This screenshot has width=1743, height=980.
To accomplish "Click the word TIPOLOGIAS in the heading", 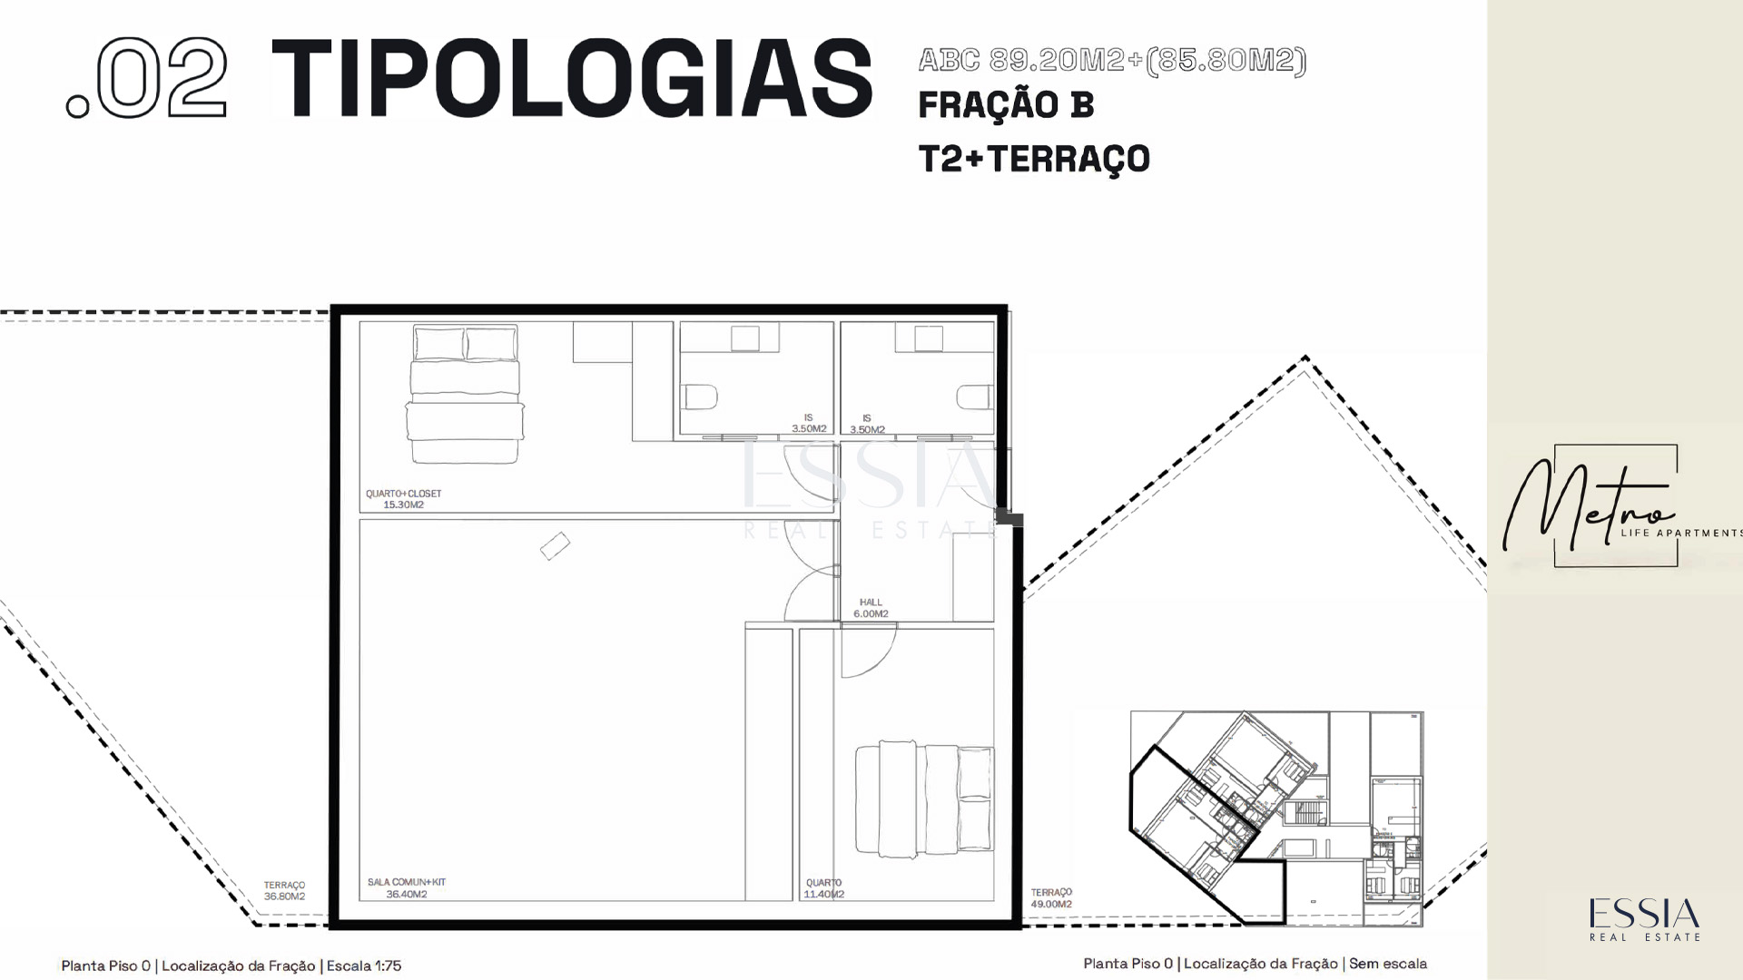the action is tap(572, 78).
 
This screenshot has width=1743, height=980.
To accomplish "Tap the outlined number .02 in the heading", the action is tap(146, 78).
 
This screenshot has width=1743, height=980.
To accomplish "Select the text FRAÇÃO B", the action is tap(1006, 104).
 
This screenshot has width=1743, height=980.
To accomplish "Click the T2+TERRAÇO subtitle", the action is tap(1034, 159).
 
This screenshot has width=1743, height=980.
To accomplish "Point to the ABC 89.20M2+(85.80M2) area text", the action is tap(1112, 60).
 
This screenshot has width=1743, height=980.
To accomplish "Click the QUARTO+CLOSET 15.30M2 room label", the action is tap(403, 499).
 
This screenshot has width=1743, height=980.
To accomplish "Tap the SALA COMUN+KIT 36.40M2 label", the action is tap(406, 888).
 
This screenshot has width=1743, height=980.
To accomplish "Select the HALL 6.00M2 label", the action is tap(871, 608).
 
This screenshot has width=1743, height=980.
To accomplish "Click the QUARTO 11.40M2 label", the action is tap(824, 888).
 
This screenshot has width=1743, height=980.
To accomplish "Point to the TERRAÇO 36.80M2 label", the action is tap(284, 890).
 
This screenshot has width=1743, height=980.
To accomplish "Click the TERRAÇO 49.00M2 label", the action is tap(1051, 898).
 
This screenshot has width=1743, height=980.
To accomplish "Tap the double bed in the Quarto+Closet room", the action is tap(465, 394).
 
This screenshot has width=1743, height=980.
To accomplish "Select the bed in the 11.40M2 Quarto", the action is tap(924, 799).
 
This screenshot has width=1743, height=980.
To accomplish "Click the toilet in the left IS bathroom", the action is tap(700, 397).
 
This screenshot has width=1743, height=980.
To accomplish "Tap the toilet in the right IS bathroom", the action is tap(974, 397).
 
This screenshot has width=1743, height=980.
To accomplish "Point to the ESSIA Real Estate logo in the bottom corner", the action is tap(1644, 919).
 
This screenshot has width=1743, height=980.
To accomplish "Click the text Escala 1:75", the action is tap(364, 965).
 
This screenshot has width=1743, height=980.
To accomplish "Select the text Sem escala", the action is tap(1388, 964).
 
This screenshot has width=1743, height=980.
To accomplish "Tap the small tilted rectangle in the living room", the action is tap(555, 545).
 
